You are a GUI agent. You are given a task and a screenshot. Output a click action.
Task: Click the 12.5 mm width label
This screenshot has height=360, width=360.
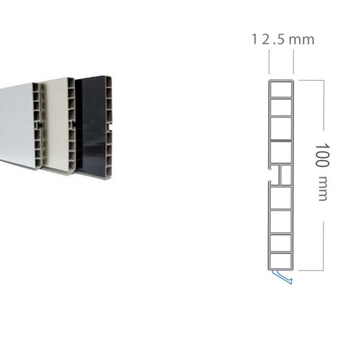click(283, 39)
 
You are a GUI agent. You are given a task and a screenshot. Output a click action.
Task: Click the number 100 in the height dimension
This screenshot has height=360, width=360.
click(322, 155)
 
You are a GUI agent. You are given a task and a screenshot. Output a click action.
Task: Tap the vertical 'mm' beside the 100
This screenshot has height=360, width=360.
click(323, 189)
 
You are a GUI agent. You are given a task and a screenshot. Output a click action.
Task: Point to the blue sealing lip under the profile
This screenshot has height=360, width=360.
click(283, 277)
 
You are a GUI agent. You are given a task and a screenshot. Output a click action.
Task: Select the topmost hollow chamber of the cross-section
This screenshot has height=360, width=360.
click(281, 89)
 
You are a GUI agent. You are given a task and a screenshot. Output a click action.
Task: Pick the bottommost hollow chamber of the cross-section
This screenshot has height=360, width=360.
click(281, 260)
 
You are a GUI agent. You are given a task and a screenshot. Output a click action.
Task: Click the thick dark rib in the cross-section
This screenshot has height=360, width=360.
click(281, 140)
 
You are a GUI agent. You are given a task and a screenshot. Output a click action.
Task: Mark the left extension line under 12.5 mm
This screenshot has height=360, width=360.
click(269, 62)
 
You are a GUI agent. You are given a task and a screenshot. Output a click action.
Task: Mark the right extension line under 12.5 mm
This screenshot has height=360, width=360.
click(293, 62)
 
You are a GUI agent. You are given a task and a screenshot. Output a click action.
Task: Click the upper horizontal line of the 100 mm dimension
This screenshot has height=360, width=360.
click(311, 80)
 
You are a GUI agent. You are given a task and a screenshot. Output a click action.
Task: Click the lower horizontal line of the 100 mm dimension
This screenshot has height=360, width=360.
click(311, 270)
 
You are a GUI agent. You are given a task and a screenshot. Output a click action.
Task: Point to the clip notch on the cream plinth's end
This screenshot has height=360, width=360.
click(73, 125)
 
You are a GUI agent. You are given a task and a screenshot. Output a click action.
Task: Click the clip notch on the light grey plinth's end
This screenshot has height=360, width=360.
click(38, 125)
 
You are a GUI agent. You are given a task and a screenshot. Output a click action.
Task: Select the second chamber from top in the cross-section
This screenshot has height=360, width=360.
click(281, 107)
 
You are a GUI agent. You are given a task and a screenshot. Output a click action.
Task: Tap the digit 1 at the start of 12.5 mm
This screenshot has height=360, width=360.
click(254, 40)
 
